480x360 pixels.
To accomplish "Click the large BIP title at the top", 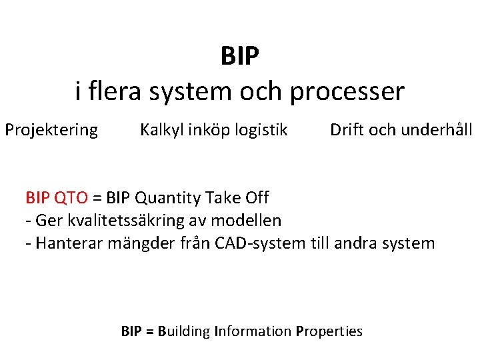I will click(x=239, y=57).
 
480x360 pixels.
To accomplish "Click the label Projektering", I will click(x=51, y=130).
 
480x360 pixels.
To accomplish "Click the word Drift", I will click(x=347, y=129).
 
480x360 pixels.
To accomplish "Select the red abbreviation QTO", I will click(x=71, y=197).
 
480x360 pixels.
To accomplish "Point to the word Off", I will click(x=257, y=197).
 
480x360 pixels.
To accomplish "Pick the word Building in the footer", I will click(x=184, y=331).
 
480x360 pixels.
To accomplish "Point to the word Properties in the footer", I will click(x=329, y=331).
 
